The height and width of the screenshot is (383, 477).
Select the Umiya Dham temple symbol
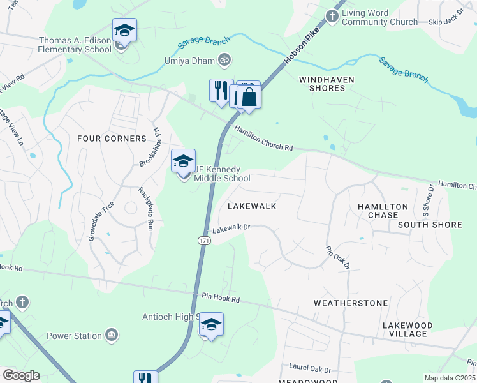pyautogui.click(x=224, y=60)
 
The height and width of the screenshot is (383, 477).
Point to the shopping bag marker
pyautogui.click(x=250, y=98)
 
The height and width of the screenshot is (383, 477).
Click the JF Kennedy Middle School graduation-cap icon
pyautogui.click(x=183, y=161)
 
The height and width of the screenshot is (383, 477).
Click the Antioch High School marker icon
pyautogui.click(x=211, y=325)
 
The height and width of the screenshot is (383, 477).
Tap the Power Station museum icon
pyautogui.click(x=112, y=336)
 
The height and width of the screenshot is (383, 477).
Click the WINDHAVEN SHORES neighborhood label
pyautogui.click(x=322, y=84)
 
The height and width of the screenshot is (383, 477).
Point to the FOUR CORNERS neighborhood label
pyautogui.click(x=112, y=139)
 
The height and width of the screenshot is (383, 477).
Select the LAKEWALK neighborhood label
pyautogui.click(x=252, y=206)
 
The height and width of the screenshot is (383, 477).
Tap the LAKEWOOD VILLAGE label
pyautogui.click(x=407, y=329)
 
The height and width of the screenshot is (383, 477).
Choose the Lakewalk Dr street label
pyautogui.click(x=231, y=229)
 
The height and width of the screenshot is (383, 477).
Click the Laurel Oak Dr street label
pyautogui.click(x=311, y=370)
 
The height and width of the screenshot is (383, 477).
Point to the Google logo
pyautogui.click(x=22, y=375)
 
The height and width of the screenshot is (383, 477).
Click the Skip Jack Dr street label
pyautogui.click(x=446, y=21)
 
